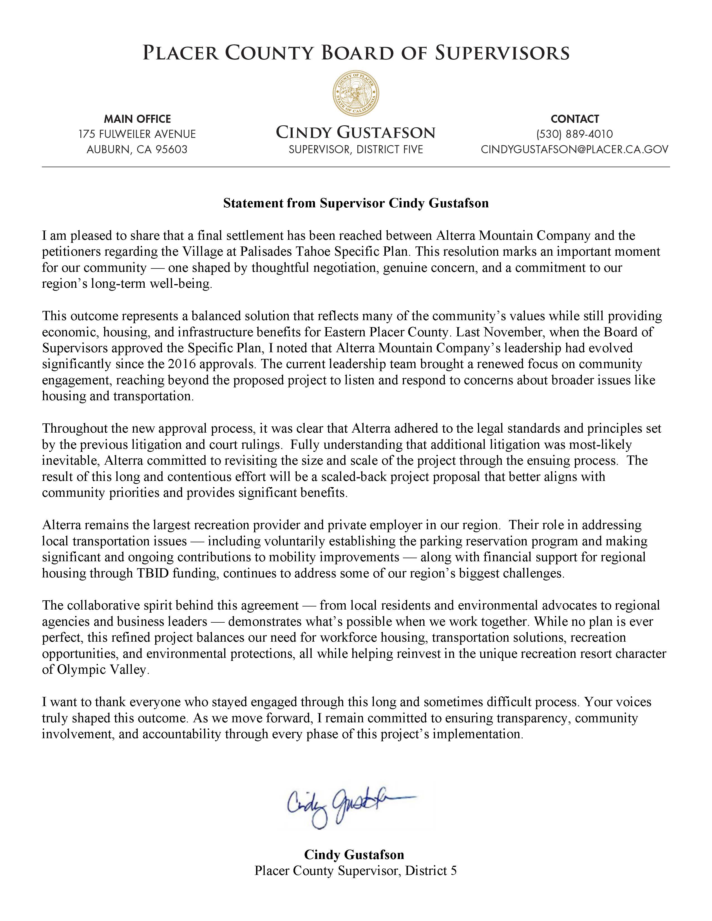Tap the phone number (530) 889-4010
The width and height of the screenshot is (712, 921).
(575, 134)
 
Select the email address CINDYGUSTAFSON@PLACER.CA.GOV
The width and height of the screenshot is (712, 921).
(575, 149)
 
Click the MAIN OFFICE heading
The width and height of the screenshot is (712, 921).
(137, 119)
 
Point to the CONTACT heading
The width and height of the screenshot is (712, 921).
(575, 119)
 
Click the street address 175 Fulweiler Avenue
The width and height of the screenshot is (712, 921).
(137, 134)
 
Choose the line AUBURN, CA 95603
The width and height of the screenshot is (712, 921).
(137, 149)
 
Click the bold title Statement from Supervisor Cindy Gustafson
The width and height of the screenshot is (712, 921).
(355, 203)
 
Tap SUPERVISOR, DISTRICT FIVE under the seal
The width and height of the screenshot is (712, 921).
(355, 149)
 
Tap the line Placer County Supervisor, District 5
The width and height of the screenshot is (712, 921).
(355, 871)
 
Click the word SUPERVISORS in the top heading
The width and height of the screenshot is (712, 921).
(502, 54)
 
